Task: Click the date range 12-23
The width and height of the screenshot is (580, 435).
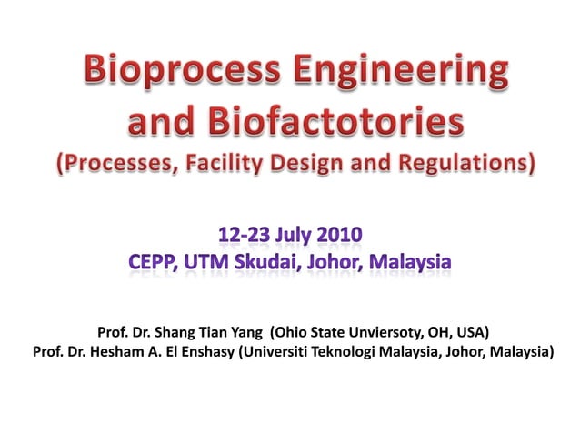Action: (242, 236)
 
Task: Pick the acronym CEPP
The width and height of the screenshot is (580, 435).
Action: (154, 263)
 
